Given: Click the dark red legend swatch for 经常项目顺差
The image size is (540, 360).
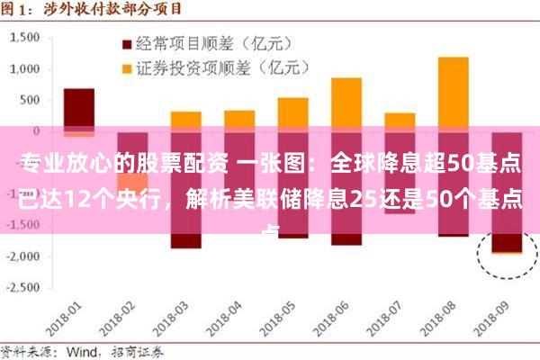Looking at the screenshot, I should coord(126,42).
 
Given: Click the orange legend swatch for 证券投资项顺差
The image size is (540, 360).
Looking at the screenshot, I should coord(126,67).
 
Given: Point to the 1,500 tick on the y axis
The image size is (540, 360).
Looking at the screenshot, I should coord(25,38).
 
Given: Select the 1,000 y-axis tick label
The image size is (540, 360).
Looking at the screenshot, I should coord(25,69).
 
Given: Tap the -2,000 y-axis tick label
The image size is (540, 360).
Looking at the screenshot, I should coord(22,256).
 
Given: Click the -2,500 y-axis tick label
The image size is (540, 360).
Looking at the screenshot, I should coord(22,287).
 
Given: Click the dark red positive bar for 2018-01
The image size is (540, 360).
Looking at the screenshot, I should coord(78,108).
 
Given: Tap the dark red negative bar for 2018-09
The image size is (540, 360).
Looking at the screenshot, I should coord(507,239).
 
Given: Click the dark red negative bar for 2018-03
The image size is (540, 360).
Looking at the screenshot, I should coord(185,239).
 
